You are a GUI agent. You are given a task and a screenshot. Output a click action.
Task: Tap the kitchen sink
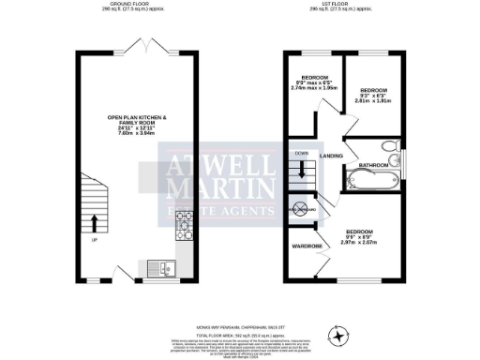coord(167,270)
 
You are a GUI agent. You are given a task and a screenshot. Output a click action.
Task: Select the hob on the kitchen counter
coord(186,224)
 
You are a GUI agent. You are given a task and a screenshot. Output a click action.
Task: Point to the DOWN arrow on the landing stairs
coord(302,167)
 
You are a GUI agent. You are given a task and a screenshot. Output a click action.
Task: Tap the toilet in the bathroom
coord(389,147)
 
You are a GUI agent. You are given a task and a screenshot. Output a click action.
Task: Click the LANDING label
coord(331,156)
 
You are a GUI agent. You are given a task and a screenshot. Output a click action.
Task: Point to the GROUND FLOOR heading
coord(135,4)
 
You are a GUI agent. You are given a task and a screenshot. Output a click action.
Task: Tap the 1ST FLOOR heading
coord(347,4)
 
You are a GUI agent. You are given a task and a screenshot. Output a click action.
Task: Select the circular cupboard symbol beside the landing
coord(303,208)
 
